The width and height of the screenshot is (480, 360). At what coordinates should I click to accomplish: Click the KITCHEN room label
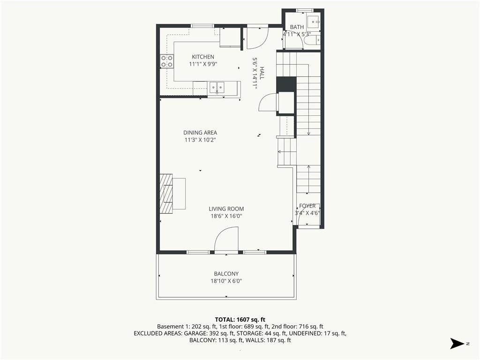(x=202, y=57)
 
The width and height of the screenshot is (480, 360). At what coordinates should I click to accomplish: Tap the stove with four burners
(x=167, y=61)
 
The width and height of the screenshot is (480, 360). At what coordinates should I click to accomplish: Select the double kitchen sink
(x=217, y=87)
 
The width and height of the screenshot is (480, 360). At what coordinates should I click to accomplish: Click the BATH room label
(x=297, y=27)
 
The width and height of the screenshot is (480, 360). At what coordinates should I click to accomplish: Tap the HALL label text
(x=262, y=73)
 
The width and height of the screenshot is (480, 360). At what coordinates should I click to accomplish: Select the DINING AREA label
(x=200, y=133)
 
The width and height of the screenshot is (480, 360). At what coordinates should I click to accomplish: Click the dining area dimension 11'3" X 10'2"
(x=200, y=140)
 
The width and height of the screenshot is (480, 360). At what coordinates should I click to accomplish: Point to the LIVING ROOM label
(x=226, y=209)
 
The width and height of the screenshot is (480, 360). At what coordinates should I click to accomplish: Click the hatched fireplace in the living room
(x=166, y=193)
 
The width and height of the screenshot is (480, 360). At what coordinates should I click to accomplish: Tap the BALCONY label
(x=226, y=274)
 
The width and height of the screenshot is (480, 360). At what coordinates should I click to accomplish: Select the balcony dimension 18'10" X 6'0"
(x=226, y=281)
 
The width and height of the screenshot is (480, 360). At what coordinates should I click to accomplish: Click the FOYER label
(x=307, y=206)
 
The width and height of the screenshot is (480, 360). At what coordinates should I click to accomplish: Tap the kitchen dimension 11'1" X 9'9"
(x=202, y=64)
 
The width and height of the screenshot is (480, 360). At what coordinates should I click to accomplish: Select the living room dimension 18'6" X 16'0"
(x=226, y=216)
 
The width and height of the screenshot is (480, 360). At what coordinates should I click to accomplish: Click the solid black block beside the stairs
(x=286, y=84)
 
